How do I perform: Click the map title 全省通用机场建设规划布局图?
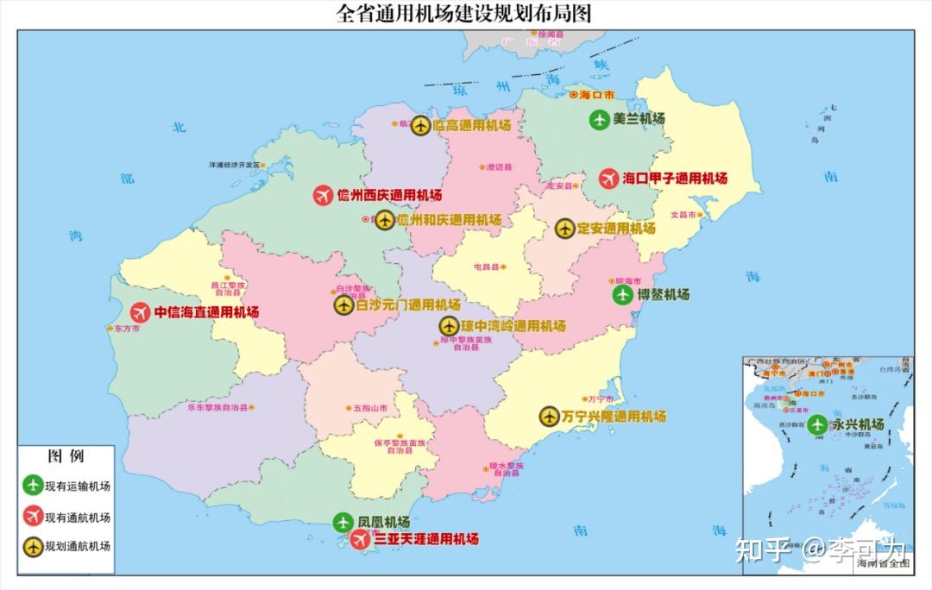pos(465,14)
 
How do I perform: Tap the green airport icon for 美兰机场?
pos(599,120)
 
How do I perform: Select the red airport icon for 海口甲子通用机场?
pos(609,179)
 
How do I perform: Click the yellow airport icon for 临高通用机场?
pos(420,126)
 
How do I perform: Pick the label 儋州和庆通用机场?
pos(449,220)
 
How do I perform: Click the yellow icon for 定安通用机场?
pos(564,229)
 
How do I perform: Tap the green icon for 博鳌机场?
pos(622,295)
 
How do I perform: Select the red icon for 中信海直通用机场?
pos(140,312)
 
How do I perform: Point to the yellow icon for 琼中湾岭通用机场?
pos(449,326)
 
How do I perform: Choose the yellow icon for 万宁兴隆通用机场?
pos(549,417)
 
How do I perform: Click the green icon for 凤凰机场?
pos(343,523)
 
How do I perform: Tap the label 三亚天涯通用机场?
pos(426,539)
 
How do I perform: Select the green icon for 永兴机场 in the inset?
pos(817,424)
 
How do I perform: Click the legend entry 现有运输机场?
pos(78,486)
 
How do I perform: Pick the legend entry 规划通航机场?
pos(78,546)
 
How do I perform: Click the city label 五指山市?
pos(371,407)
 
